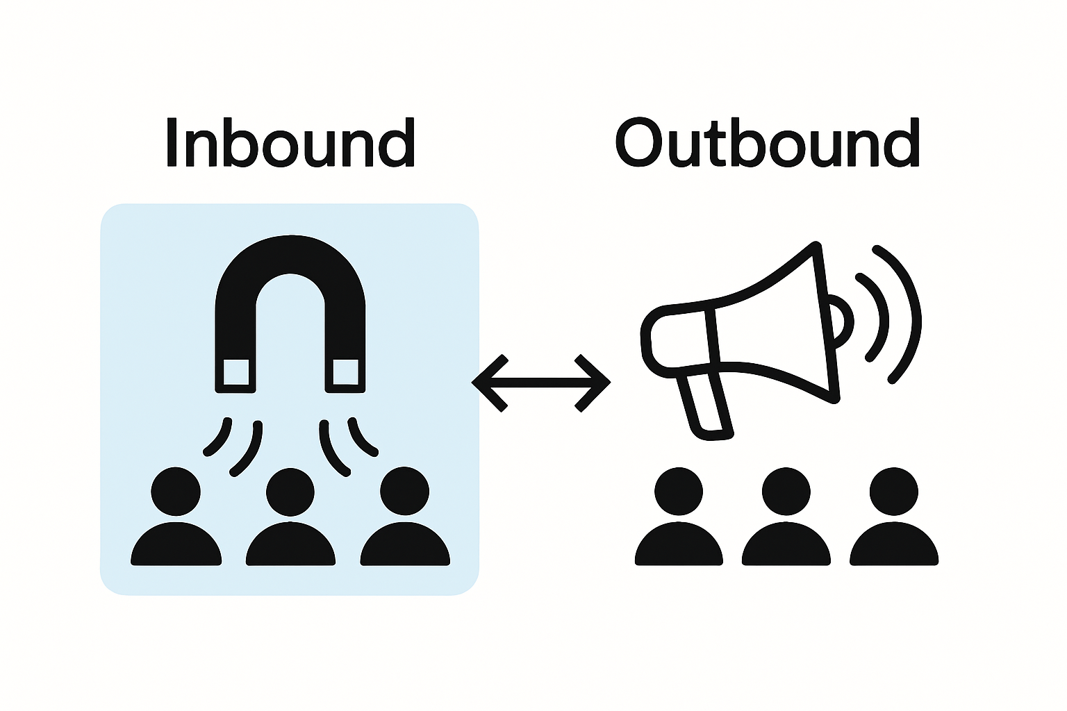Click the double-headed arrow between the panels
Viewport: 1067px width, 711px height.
pyautogui.click(x=541, y=382)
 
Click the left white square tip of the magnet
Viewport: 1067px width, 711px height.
pyautogui.click(x=236, y=372)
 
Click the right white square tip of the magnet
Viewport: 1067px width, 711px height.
pyautogui.click(x=345, y=372)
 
